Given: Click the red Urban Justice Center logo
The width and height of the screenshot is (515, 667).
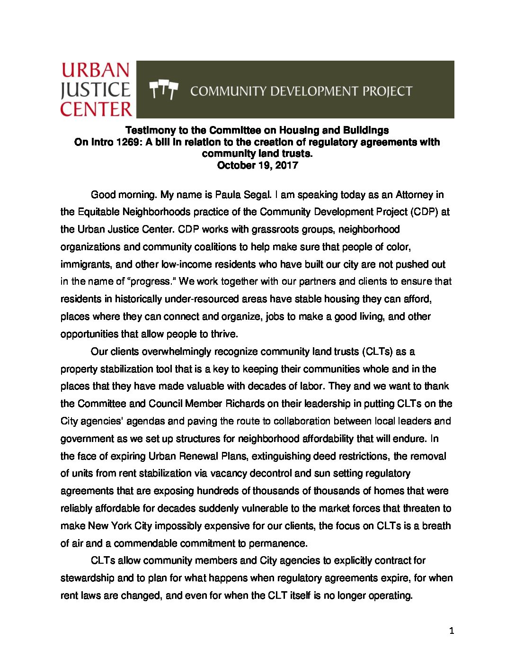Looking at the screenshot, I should coord(96,90).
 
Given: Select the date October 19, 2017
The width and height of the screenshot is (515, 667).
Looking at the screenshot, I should coord(257,165).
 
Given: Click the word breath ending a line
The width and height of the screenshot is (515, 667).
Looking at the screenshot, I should coord(435,526).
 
